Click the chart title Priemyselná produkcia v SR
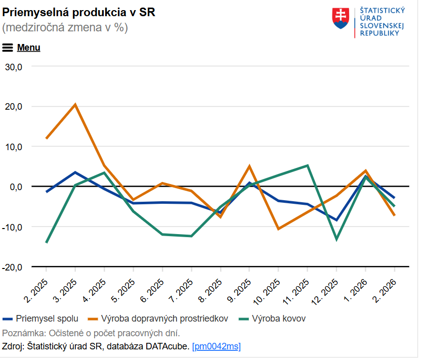click(78, 12)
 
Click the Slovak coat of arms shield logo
click(341, 18)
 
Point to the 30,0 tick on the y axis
click(14, 66)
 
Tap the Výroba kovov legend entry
click(278, 319)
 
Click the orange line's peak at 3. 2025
click(75, 105)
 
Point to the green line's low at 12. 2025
click(336, 239)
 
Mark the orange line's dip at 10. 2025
click(278, 229)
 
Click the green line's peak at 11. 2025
click(308, 165)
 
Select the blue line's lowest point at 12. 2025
click(336, 220)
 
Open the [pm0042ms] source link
click(217, 346)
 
